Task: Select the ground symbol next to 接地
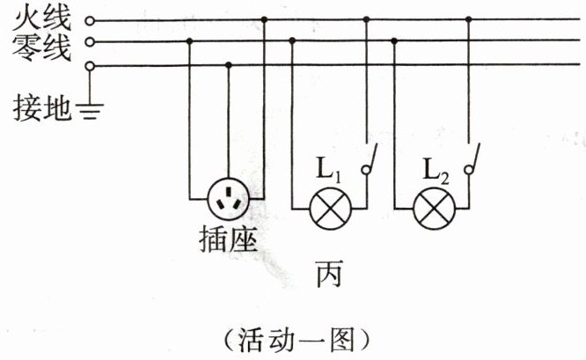tap(91, 110)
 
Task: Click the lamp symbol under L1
tap(329, 210)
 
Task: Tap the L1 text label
tap(329, 169)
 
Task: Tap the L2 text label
tap(436, 169)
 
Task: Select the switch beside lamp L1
tap(370, 158)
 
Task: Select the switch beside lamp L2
tap(473, 158)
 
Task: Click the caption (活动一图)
tap(294, 338)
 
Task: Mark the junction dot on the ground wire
tap(229, 65)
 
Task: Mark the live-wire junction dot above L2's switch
tap(469, 19)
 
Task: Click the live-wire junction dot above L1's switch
tap(366, 19)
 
